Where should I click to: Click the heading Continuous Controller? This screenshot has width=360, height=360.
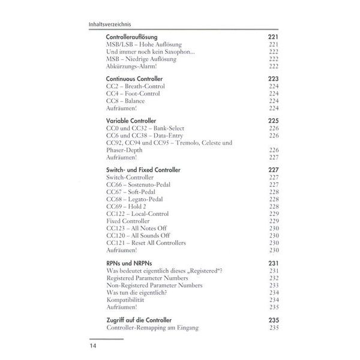tap(134, 79)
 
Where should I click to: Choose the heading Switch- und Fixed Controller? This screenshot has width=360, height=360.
tap(143, 170)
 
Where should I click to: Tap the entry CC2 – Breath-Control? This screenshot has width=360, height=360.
tap(136, 86)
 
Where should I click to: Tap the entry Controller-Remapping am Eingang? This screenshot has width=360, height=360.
tap(152, 328)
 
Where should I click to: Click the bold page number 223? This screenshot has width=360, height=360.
tap(274, 79)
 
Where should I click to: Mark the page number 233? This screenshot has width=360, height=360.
tap(274, 285)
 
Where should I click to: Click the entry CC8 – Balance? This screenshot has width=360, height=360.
tap(125, 101)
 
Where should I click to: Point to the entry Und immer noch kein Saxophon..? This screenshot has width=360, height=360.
tap(150, 52)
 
